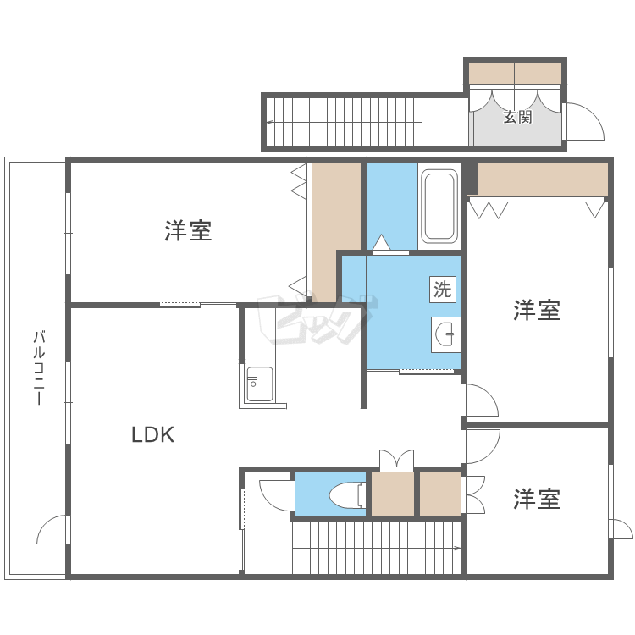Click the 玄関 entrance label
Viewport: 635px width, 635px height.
[517, 118]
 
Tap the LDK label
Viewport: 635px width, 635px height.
[152, 435]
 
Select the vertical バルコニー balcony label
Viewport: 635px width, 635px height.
[37, 368]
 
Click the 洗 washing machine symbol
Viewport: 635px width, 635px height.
[443, 289]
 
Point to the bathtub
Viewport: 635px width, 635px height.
[439, 206]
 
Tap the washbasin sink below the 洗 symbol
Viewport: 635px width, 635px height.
[445, 335]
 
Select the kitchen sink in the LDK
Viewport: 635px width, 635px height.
[259, 385]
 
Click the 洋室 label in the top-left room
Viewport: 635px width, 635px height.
[188, 230]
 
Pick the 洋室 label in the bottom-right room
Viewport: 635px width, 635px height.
[537, 500]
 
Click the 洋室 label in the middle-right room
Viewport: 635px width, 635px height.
[537, 311]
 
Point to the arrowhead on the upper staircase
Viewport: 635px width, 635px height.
[269, 123]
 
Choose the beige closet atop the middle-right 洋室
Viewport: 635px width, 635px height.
[542, 179]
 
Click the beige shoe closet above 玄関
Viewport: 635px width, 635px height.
[516, 73]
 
